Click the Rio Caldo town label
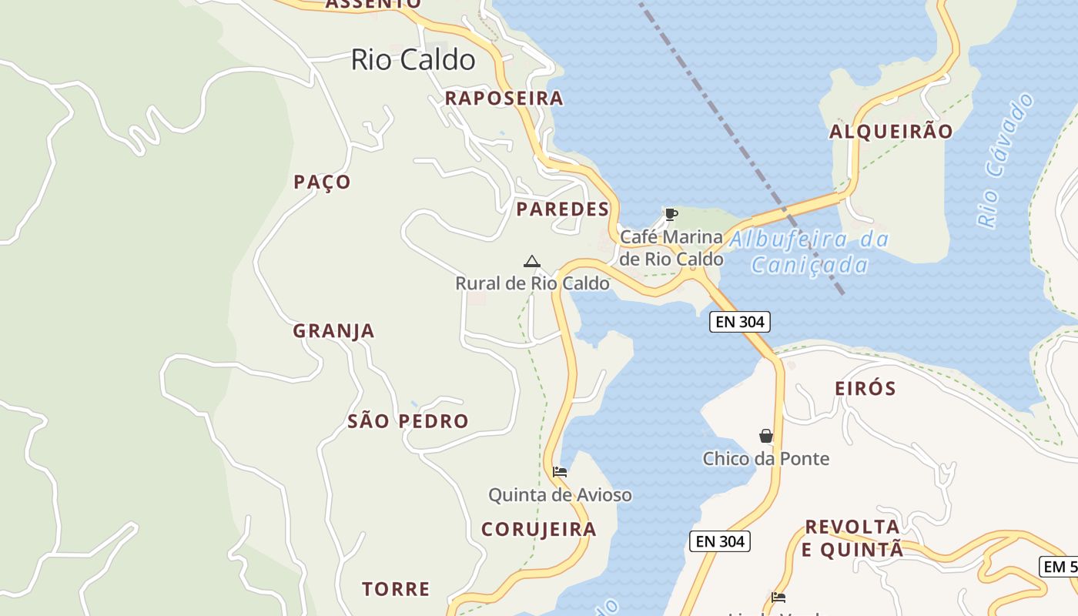click(413, 59)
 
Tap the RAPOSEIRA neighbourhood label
click(504, 99)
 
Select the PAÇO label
click(322, 182)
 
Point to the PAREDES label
click(562, 209)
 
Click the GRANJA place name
click(333, 331)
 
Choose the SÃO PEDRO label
click(407, 421)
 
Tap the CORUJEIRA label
click(538, 530)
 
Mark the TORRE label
click(396, 590)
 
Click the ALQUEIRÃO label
click(891, 132)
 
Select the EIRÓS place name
click(865, 389)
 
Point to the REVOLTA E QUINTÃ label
click(852, 538)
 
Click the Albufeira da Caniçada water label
click(809, 253)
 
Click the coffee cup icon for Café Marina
click(671, 214)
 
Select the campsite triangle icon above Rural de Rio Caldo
click(531, 262)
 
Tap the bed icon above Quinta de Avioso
click(560, 471)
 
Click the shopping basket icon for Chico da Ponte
click(766, 436)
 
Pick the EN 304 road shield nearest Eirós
click(739, 322)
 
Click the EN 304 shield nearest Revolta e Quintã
click(719, 541)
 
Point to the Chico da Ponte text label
click(766, 459)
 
